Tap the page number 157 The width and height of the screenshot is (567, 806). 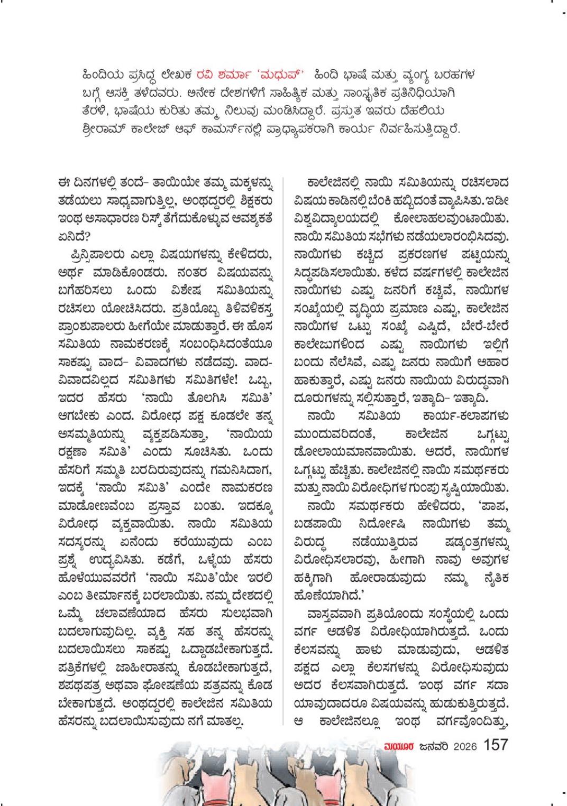click(496, 745)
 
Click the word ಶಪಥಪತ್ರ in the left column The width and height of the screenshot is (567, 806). click(81, 686)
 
